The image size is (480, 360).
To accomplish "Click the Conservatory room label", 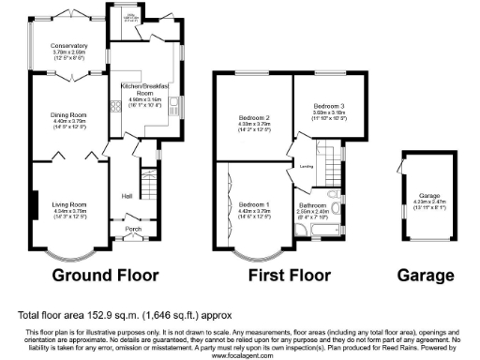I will point(70,45).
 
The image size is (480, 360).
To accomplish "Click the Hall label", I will point(126,196).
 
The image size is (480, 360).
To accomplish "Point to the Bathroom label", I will point(311,204).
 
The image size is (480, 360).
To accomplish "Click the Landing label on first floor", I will point(306,166).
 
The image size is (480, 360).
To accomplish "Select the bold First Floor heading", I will point(290,276).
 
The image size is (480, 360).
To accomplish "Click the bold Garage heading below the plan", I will point(426,276).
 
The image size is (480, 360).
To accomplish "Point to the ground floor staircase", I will point(147,178).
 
